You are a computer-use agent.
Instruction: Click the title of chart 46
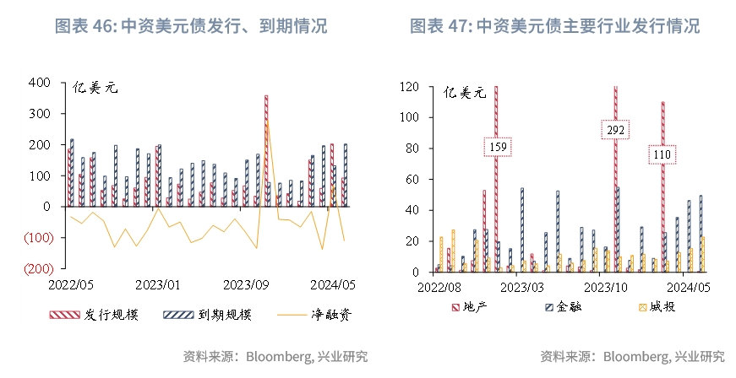point(191,26)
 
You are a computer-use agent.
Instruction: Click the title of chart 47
point(555,26)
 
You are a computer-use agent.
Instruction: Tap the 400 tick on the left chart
point(40,83)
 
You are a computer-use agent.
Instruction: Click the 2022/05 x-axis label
point(70,284)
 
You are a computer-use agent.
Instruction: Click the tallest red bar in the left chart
point(265,152)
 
